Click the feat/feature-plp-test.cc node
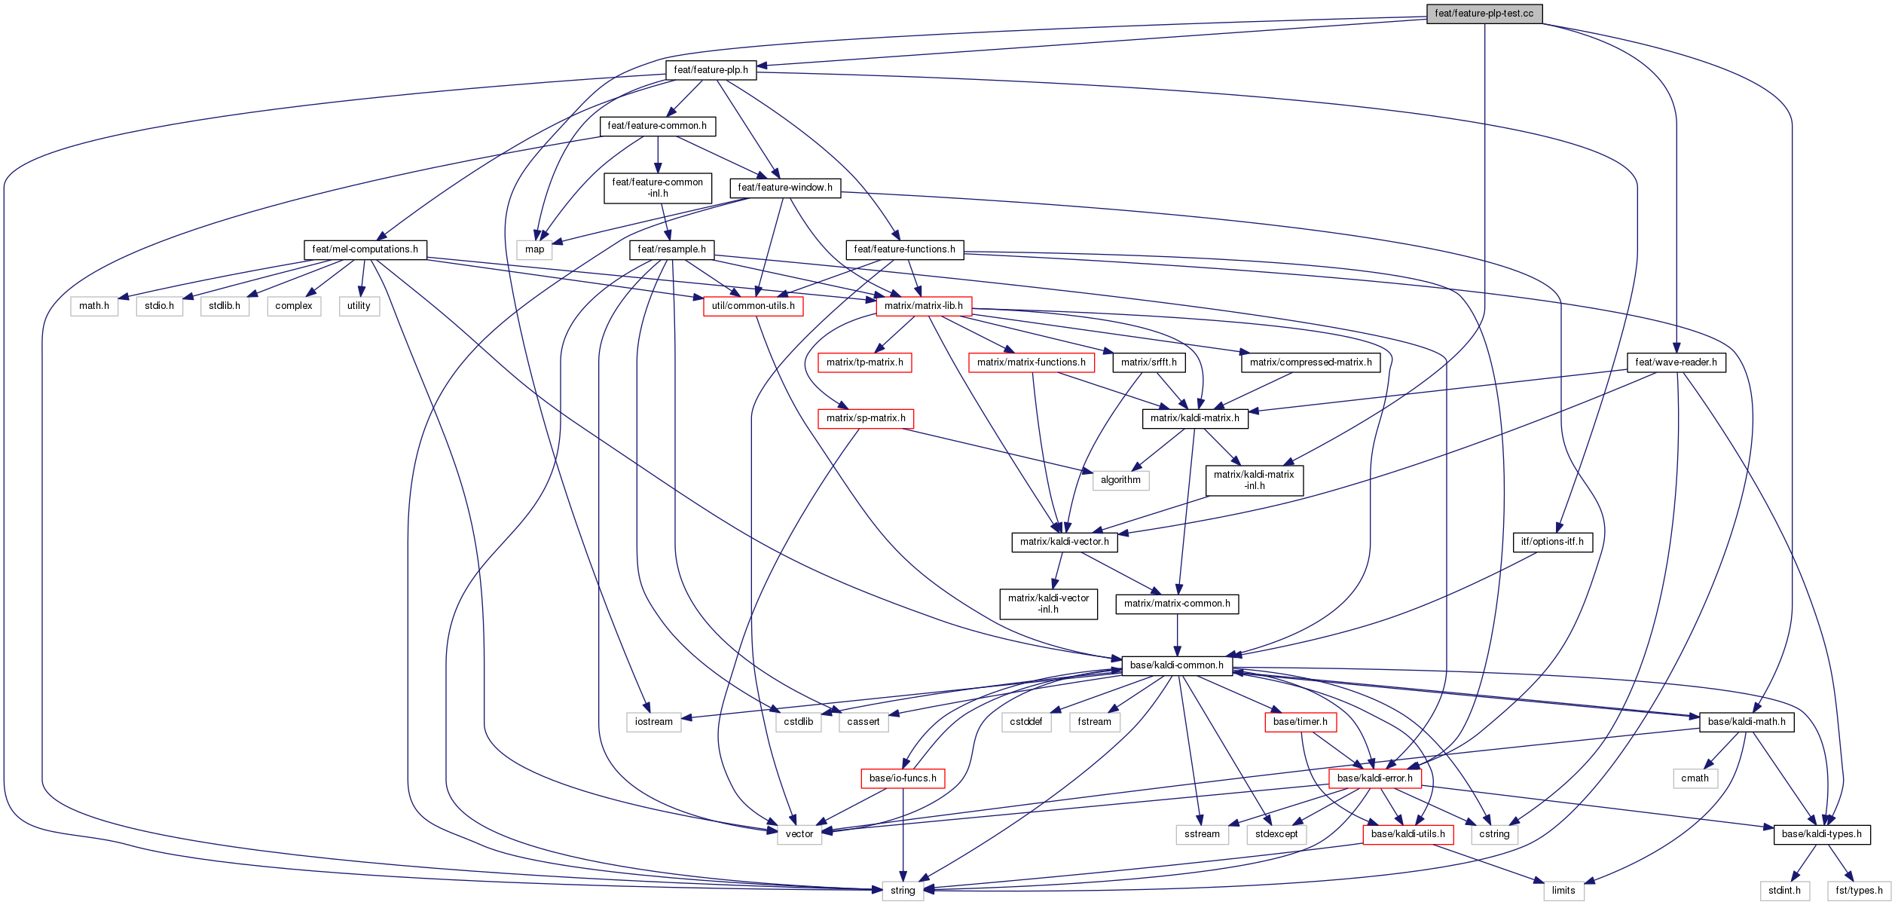[x=1484, y=14]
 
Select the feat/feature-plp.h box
[x=711, y=70]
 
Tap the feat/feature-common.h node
[x=657, y=126]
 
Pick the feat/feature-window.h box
[x=784, y=188]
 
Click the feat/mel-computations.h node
[x=365, y=249]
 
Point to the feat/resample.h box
[x=671, y=249]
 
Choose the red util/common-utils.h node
[x=753, y=306]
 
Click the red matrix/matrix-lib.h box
[x=923, y=306]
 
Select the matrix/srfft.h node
[x=1148, y=362]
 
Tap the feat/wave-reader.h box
[x=1676, y=362]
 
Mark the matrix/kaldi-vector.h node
[x=1064, y=542]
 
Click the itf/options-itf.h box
[x=1552, y=542]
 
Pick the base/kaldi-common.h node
[x=1176, y=665]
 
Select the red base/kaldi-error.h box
[x=1374, y=778]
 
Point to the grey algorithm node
[x=1120, y=480]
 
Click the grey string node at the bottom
[x=902, y=891]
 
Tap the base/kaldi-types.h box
[x=1821, y=834]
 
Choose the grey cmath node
[x=1695, y=778]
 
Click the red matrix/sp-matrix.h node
[x=865, y=418]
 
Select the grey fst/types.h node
[x=1859, y=891]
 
